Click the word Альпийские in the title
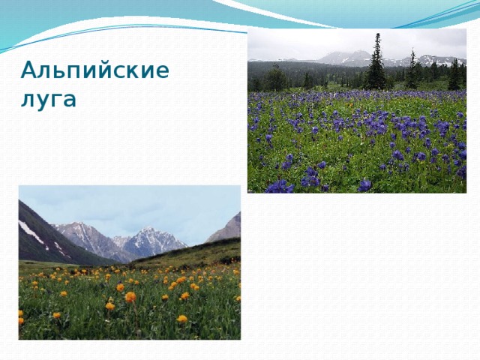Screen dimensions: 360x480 click(x=94, y=71)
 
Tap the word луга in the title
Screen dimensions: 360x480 click(x=48, y=98)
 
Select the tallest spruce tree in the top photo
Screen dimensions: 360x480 click(x=376, y=64)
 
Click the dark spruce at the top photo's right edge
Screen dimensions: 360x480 click(x=454, y=75)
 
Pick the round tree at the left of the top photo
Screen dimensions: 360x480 click(x=275, y=79)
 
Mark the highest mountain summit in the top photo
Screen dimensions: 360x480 click(x=346, y=54)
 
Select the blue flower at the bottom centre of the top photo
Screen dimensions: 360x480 click(x=364, y=184)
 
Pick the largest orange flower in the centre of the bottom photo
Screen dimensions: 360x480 click(x=130, y=297)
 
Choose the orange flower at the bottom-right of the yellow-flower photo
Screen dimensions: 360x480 click(x=182, y=319)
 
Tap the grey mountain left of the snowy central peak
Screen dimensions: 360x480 click(x=86, y=236)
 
